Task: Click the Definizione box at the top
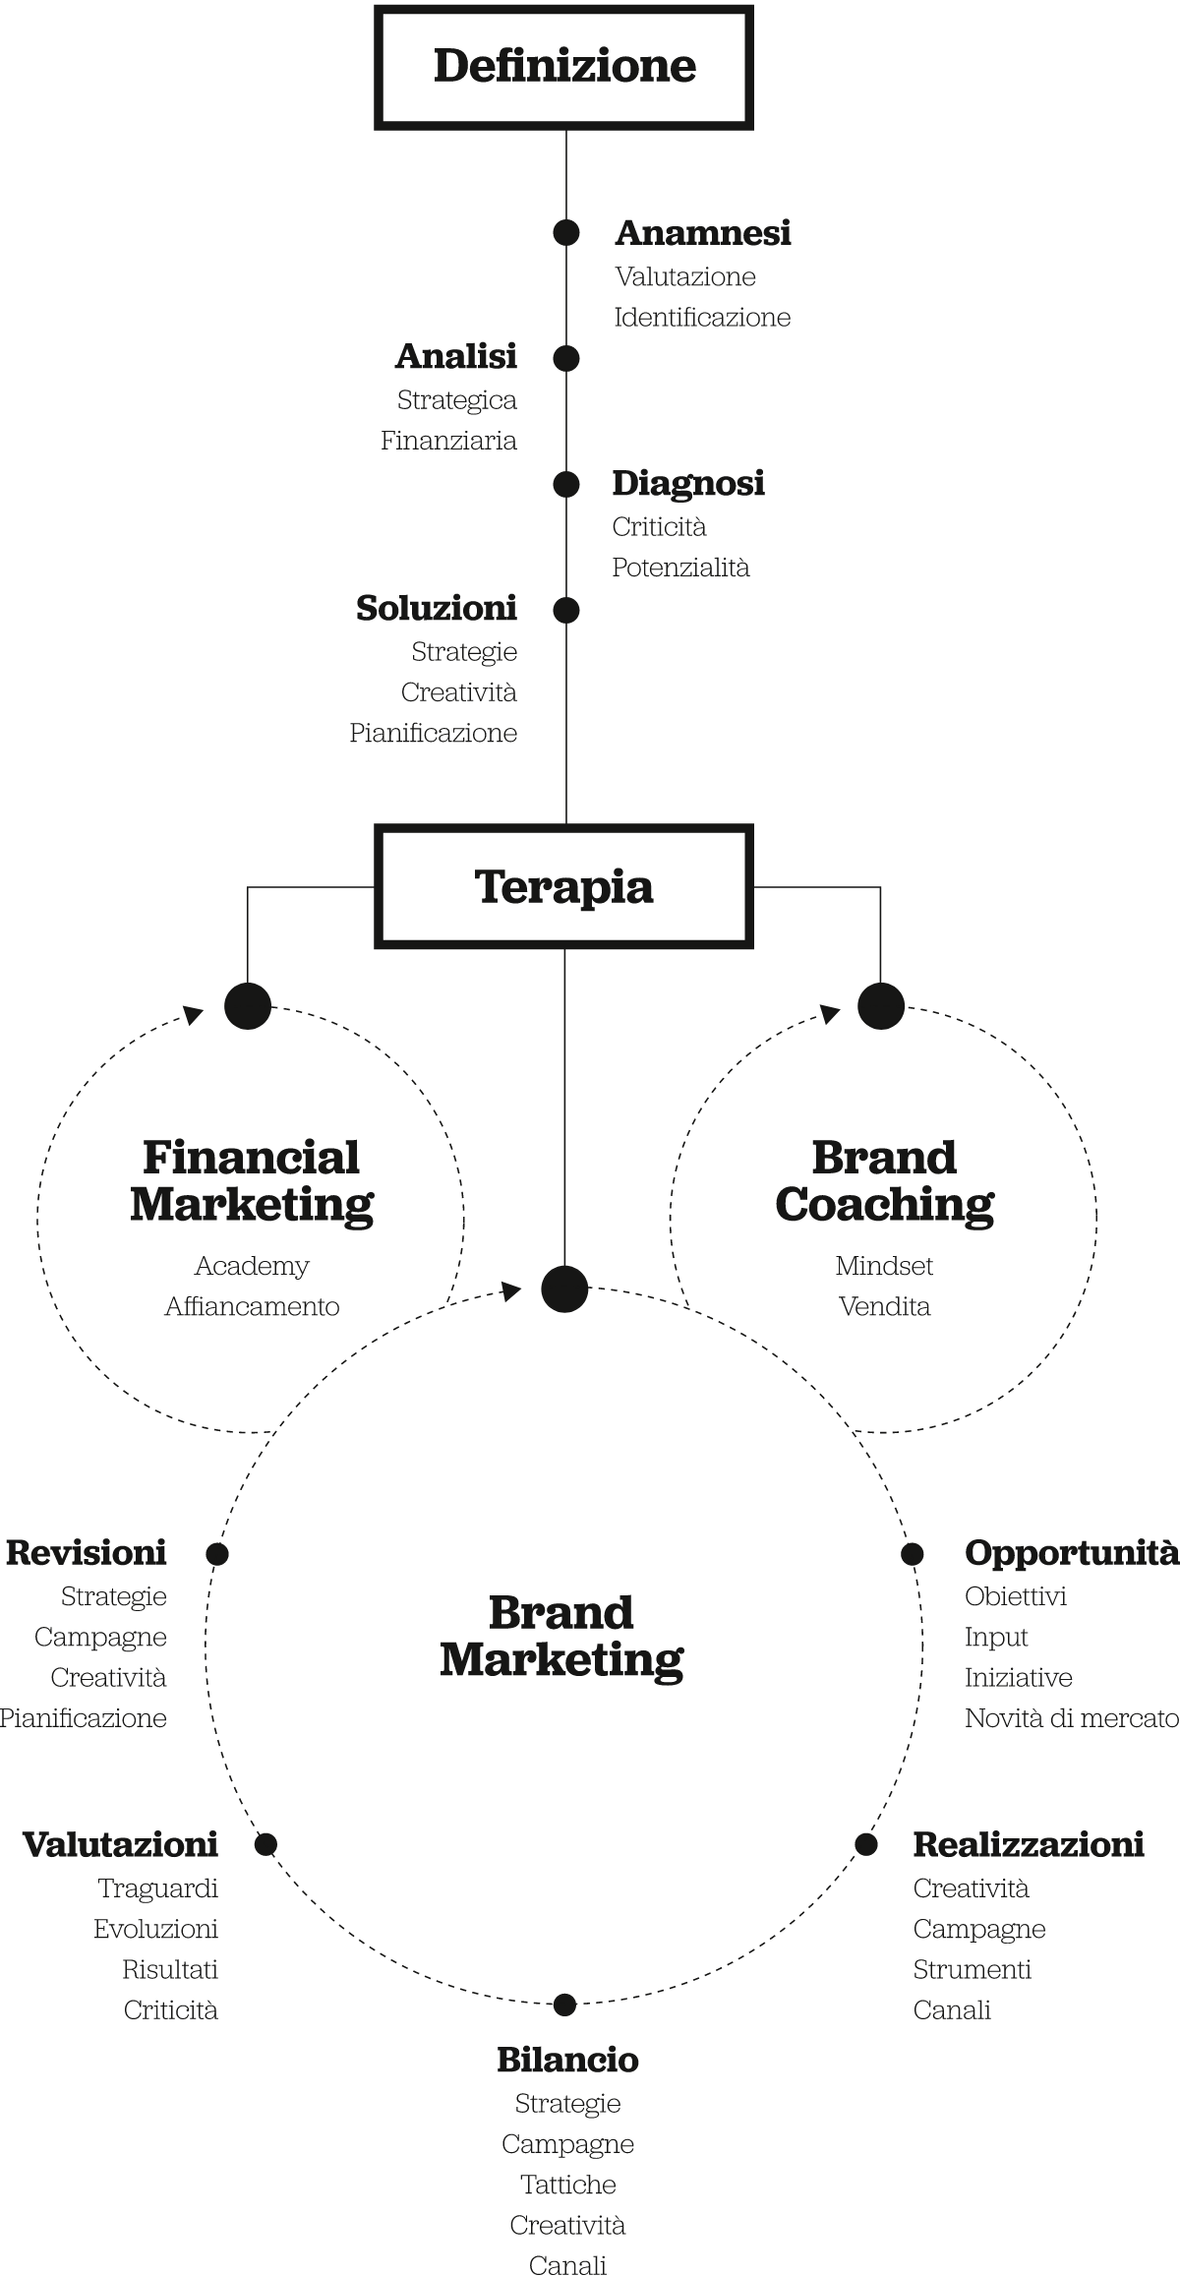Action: click(563, 67)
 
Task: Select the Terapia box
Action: click(563, 887)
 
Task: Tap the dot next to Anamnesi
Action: click(565, 233)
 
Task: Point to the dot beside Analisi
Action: click(565, 359)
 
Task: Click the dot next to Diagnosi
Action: click(565, 484)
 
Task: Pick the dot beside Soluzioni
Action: click(565, 610)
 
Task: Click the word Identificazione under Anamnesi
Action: click(702, 318)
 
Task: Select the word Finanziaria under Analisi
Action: click(449, 441)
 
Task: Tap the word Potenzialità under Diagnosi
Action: click(680, 568)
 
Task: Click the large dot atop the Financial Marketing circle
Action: click(248, 1005)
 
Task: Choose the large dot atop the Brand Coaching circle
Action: click(881, 1005)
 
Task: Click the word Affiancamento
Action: click(252, 1307)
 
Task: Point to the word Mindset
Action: click(884, 1266)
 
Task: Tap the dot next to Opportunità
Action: click(913, 1554)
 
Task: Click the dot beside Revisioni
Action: click(217, 1554)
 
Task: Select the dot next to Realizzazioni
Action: click(865, 1844)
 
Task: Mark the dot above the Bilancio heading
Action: click(564, 2005)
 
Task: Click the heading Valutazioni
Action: click(120, 1844)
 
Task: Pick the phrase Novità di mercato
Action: click(1071, 1718)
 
